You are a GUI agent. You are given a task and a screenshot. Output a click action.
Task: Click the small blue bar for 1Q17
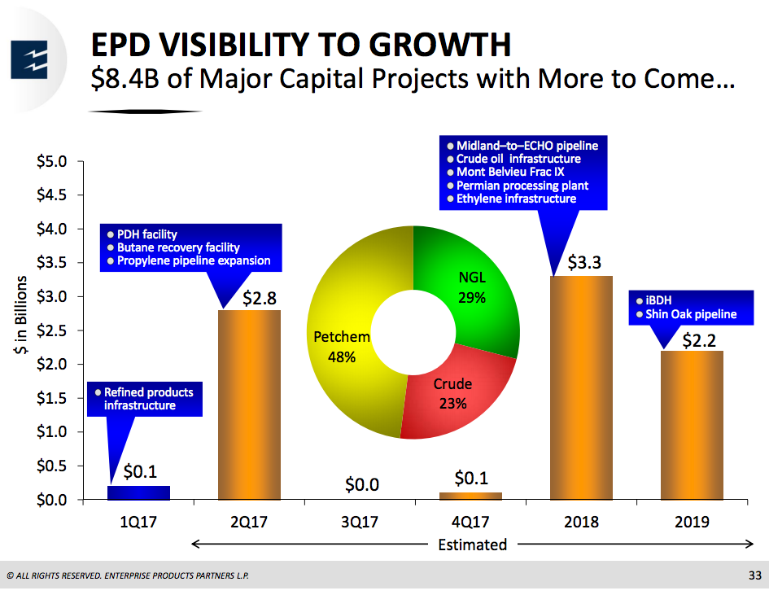pyautogui.click(x=139, y=492)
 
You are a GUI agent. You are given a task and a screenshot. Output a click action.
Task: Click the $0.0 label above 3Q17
pyautogui.click(x=361, y=485)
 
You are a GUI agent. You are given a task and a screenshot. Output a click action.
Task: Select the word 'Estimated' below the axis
pyautogui.click(x=472, y=545)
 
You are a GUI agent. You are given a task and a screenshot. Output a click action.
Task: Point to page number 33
pyautogui.click(x=754, y=576)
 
